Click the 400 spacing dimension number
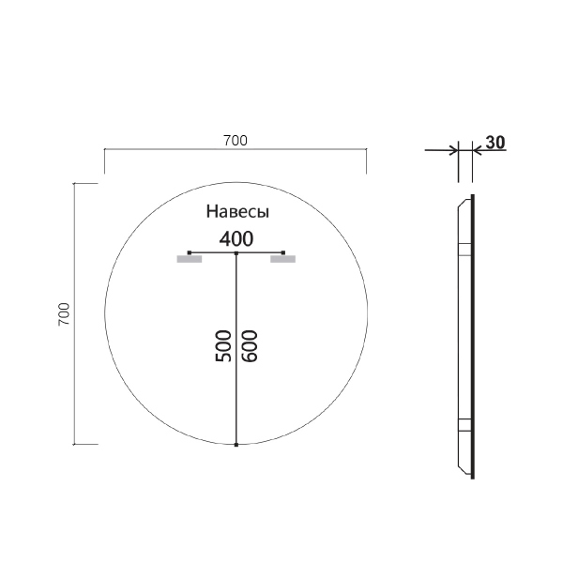click(x=236, y=238)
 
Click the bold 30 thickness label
click(x=496, y=143)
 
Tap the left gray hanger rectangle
click(x=190, y=259)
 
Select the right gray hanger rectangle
click(x=283, y=259)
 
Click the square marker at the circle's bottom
click(x=236, y=444)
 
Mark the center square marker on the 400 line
click(x=236, y=253)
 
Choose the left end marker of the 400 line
click(x=190, y=253)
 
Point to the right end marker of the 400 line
click(x=283, y=253)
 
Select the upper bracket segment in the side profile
click(x=463, y=250)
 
